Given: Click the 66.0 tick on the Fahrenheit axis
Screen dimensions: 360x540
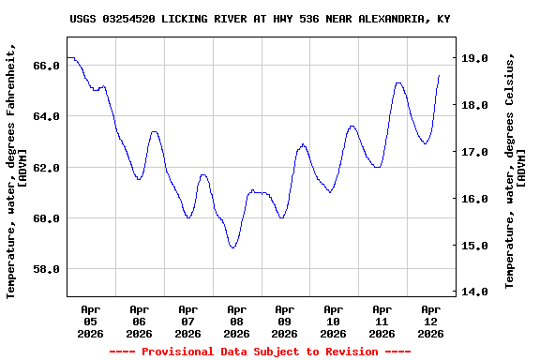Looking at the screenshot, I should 47,66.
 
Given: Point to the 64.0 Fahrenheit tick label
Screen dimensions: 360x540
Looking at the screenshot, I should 47,116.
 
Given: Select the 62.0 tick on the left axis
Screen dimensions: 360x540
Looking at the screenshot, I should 47,167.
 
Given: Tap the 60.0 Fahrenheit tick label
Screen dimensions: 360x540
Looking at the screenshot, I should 47,218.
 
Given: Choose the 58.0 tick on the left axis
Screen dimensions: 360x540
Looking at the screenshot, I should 47,269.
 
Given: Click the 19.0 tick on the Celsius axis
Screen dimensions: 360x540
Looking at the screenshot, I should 476,58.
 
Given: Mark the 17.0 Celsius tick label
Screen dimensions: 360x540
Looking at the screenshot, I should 476,152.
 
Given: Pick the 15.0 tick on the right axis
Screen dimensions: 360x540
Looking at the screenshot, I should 476,246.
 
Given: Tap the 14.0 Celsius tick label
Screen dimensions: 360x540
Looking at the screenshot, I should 476,292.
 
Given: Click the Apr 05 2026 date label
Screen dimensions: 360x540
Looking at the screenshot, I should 91,321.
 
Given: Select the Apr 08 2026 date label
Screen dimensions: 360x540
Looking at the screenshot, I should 236,321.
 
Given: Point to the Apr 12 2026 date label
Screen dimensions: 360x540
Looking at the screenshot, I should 430,321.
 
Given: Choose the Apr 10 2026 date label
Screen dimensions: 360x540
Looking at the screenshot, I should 334,321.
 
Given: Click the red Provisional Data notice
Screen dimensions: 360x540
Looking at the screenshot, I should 260,352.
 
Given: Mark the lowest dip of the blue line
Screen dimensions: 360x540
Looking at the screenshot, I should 232,247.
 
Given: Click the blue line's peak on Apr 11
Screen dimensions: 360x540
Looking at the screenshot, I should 398,82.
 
